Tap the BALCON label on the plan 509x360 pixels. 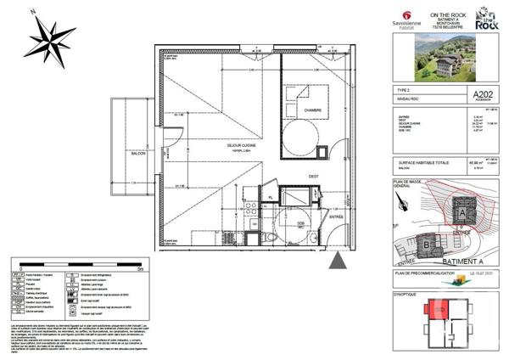(x=137, y=154)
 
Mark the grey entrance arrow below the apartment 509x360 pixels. (x=338, y=261)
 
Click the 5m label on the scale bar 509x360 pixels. (x=149, y=267)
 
